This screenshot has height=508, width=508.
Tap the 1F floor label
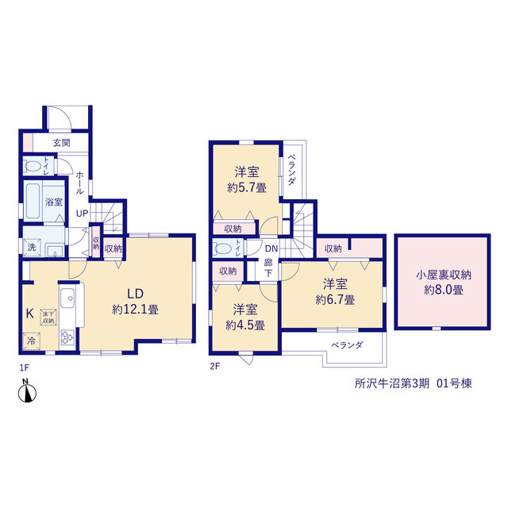click(x=25, y=368)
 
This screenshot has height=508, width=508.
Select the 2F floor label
click(x=215, y=367)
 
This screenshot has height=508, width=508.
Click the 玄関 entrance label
click(x=62, y=143)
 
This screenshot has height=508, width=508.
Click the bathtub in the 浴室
click(x=33, y=201)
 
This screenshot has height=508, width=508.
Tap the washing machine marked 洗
click(x=32, y=247)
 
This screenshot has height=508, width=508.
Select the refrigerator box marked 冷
click(x=32, y=341)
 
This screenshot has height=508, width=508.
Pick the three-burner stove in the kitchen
click(x=67, y=337)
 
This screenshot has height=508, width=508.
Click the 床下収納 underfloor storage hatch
click(x=48, y=317)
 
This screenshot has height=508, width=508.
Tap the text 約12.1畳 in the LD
click(x=135, y=310)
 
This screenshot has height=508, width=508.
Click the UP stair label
click(x=82, y=214)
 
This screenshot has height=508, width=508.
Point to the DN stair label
click(x=271, y=248)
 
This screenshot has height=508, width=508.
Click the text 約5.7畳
click(x=247, y=187)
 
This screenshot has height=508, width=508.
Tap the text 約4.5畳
click(x=245, y=325)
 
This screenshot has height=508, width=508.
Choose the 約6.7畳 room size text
click(x=335, y=300)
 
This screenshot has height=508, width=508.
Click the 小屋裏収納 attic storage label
click(x=444, y=275)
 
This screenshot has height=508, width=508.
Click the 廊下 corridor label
click(x=268, y=267)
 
